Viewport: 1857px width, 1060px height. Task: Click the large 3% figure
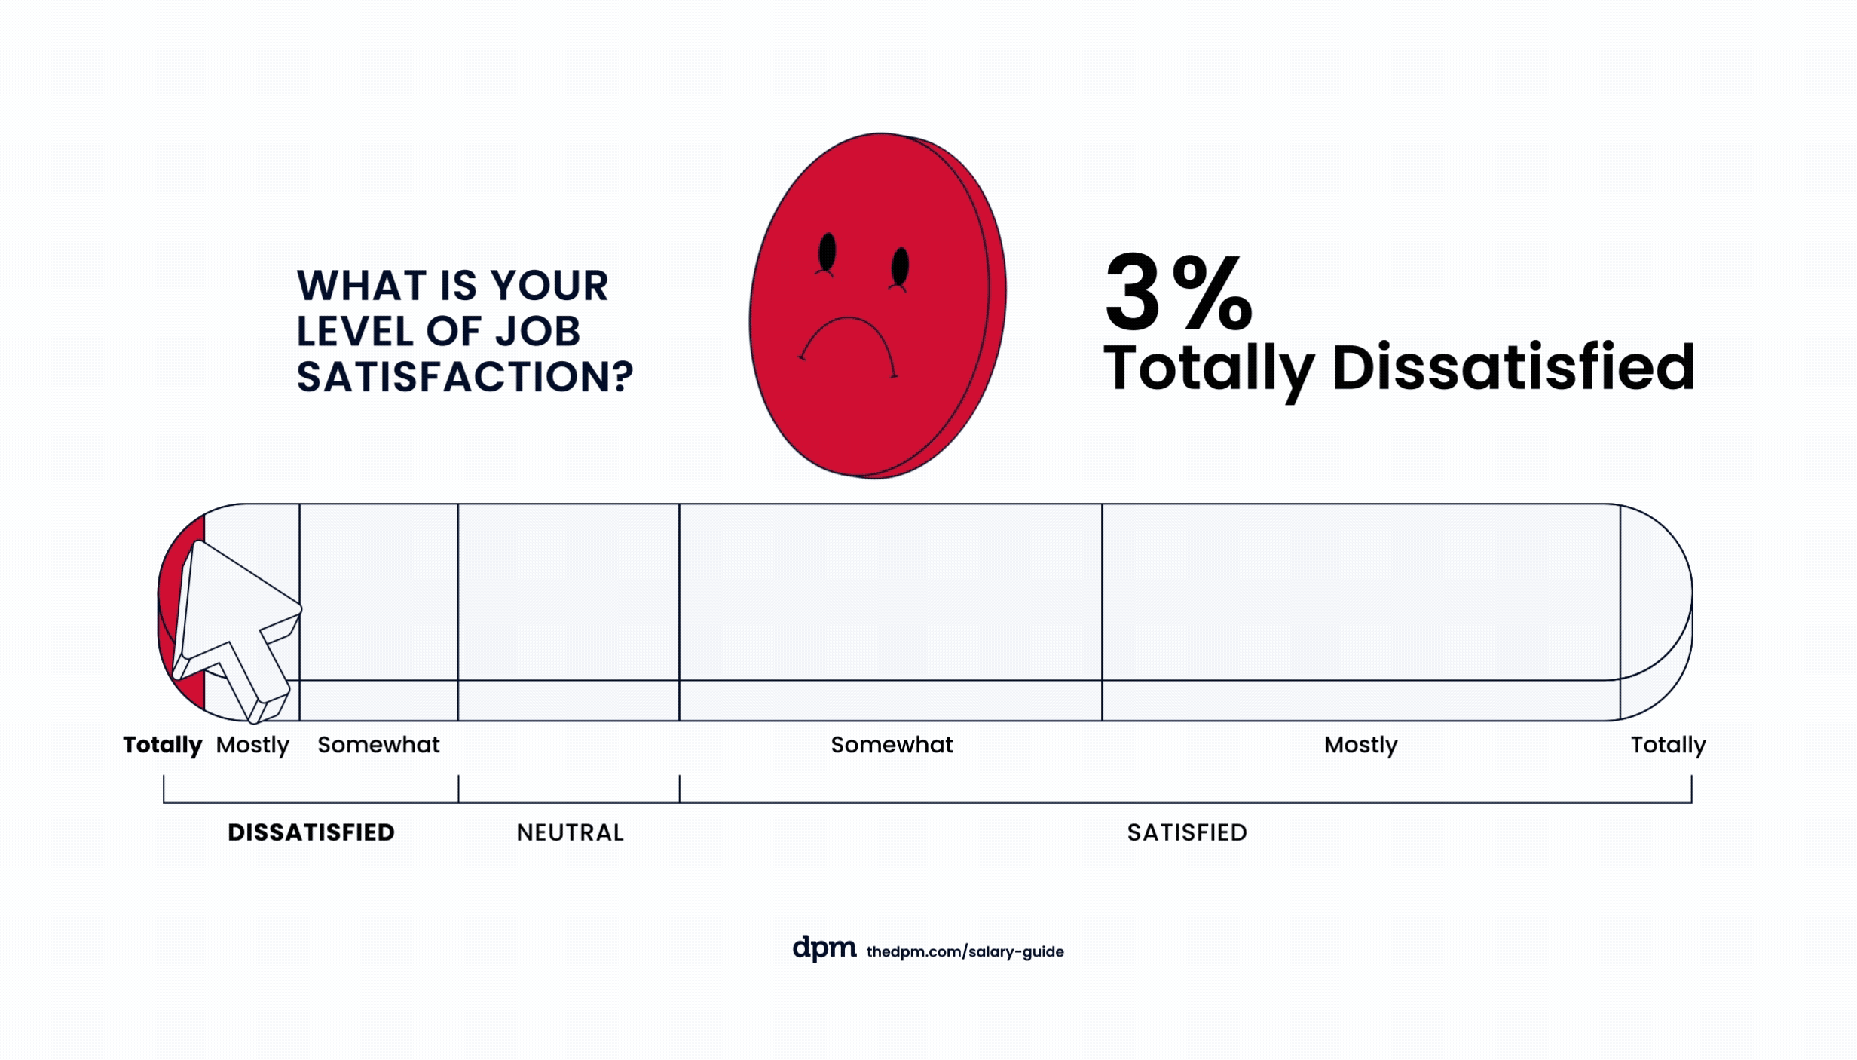point(1177,294)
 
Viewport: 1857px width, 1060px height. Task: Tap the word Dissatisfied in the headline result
point(1513,369)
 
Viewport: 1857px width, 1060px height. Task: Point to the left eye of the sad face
point(827,252)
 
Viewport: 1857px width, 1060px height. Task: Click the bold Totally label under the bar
point(163,745)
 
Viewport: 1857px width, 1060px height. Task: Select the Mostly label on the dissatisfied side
point(252,745)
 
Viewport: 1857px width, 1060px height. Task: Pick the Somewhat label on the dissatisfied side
point(378,745)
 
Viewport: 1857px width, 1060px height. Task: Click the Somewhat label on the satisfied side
point(892,745)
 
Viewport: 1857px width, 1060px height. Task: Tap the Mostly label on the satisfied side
point(1360,745)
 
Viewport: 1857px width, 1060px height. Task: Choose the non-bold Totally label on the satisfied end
point(1668,745)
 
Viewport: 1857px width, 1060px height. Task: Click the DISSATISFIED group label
point(311,832)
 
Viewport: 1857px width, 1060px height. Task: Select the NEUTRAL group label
point(571,832)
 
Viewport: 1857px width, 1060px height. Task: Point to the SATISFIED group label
point(1187,832)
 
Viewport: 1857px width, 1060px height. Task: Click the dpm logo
point(824,948)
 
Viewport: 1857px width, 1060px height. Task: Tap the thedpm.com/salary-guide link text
point(965,951)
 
